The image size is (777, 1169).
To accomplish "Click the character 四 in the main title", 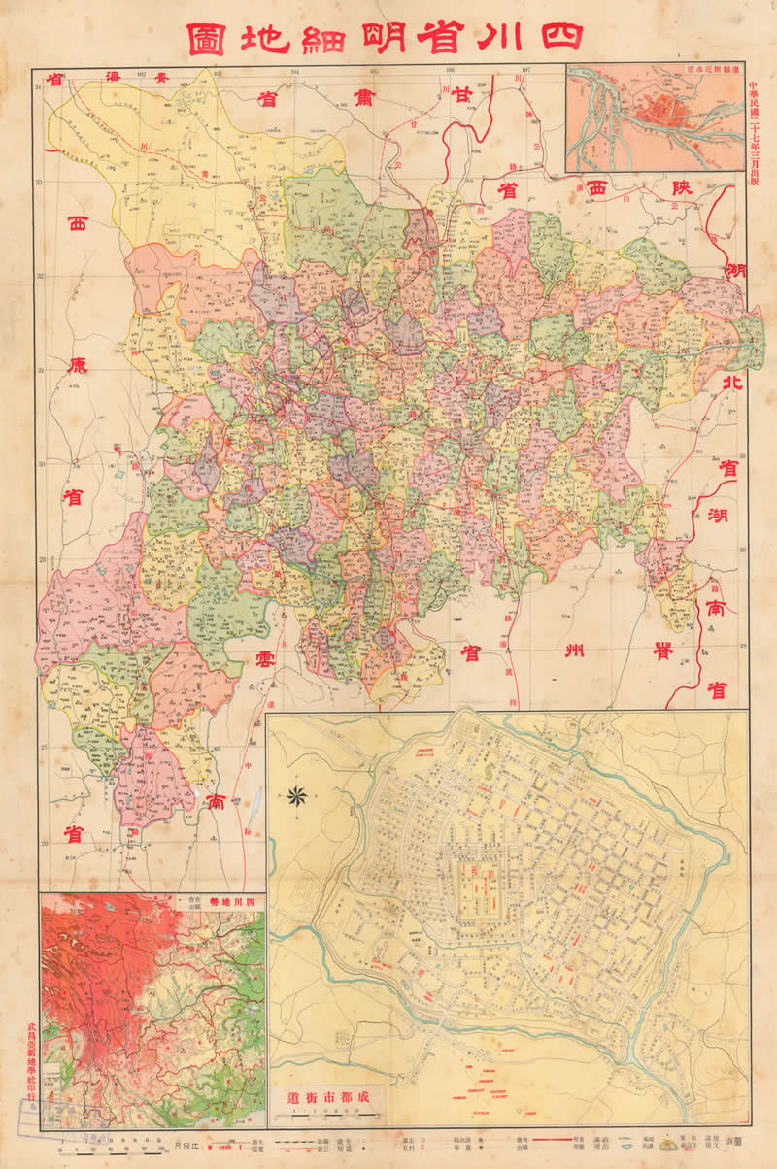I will coord(559,34).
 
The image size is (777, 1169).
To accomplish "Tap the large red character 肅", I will coord(363,98).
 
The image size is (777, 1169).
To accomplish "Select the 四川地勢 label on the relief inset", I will coord(233,903).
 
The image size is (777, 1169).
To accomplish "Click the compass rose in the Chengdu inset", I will coord(297,797).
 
